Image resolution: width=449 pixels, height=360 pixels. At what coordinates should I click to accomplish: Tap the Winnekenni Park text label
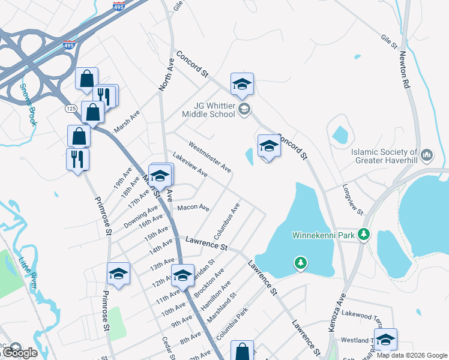click(x=323, y=235)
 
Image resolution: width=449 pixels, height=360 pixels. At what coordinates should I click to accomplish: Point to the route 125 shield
click(x=70, y=109)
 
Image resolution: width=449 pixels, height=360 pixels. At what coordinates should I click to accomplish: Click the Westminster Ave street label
click(x=209, y=157)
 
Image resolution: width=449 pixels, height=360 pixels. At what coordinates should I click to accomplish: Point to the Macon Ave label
click(x=193, y=208)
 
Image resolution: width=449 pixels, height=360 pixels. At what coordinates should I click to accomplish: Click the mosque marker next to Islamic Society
click(x=427, y=155)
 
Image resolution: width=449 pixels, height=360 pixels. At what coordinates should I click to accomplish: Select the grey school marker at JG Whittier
click(x=244, y=109)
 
